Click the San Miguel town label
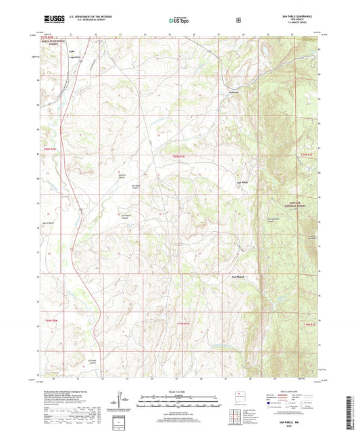pyautogui.click(x=238, y=277)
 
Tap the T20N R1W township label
pyautogui.click(x=180, y=157)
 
